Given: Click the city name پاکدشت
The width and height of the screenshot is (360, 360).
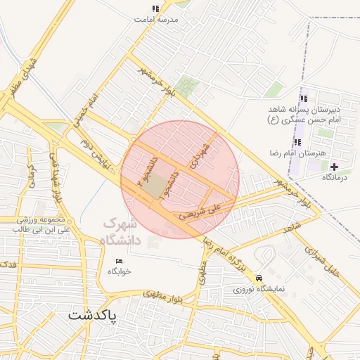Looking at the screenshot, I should tap(95, 316).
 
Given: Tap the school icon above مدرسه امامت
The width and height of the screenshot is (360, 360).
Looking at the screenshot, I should tap(155, 9).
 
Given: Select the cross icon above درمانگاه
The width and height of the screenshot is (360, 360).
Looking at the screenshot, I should tap(334, 167).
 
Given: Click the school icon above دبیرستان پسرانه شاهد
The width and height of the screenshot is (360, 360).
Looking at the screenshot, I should tap(304, 98).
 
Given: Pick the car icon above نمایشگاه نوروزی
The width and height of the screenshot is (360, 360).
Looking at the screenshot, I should tap(260, 277).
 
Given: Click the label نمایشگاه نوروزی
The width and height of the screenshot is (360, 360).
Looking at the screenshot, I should tap(260, 288).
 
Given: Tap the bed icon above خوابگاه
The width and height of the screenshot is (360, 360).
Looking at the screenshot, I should tap(118, 262).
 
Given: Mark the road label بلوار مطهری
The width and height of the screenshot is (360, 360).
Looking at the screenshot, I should tap(166, 297).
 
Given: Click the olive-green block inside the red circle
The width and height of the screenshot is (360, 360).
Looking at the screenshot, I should tap(159, 185).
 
